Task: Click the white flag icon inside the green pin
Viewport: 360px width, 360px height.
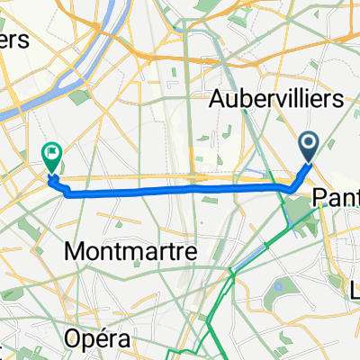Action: click(x=52, y=155)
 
